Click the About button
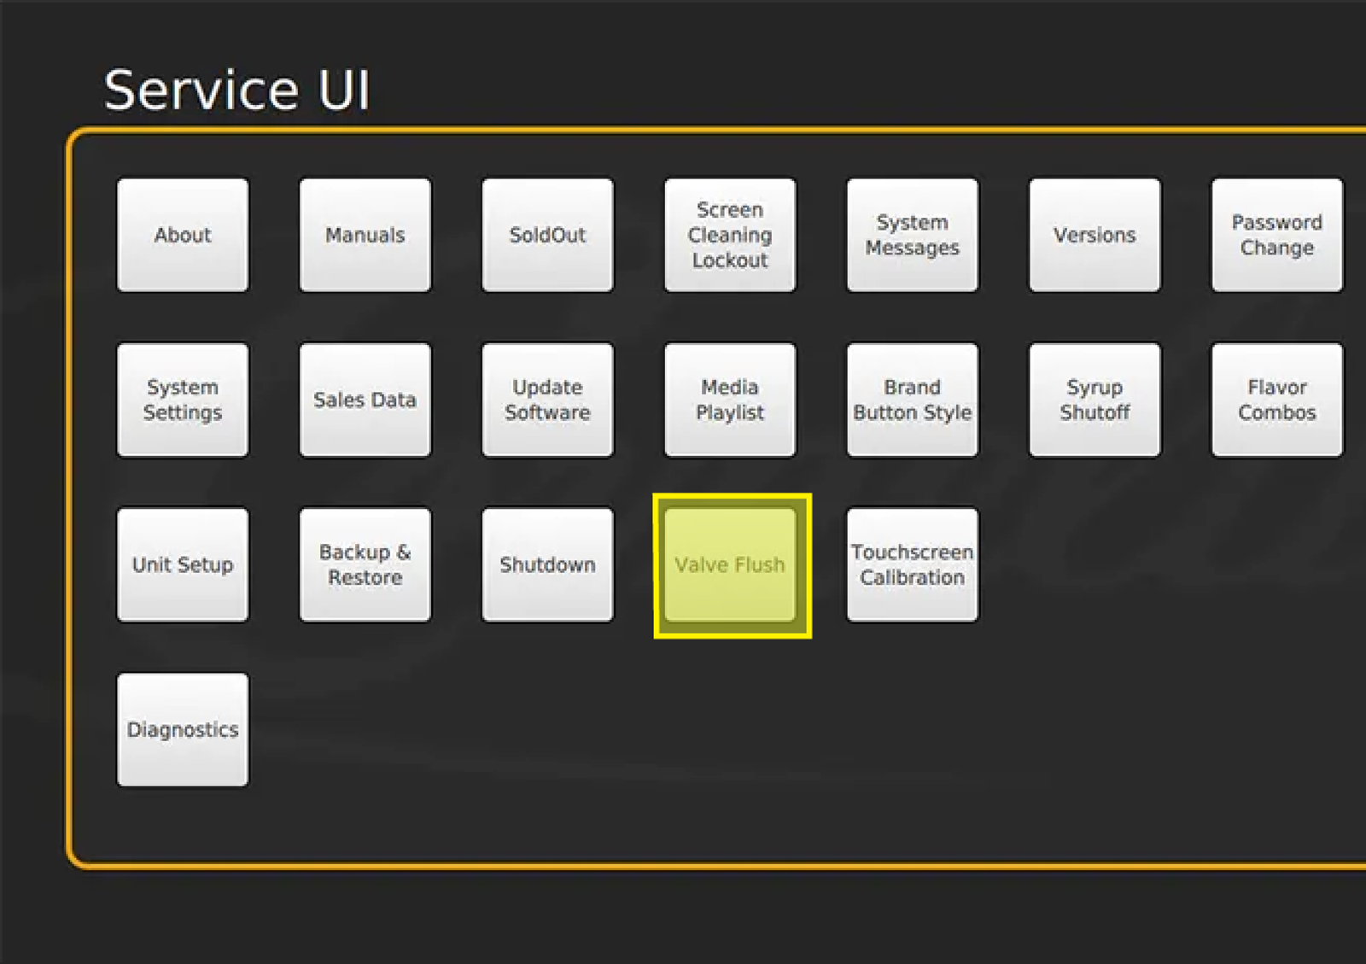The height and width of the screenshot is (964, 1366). pos(183,235)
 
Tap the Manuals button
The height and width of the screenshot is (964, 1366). pos(365,235)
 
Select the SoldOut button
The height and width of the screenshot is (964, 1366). pos(547,235)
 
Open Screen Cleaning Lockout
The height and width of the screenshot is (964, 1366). pos(730,235)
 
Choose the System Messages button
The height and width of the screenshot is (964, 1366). pos(913,235)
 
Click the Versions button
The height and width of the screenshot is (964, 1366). pos(1095,235)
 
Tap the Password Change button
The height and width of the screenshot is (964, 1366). pos(1277,235)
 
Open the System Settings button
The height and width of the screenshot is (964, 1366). pos(183,400)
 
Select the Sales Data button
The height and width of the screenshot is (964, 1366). pos(365,400)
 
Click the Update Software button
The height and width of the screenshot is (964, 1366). pos(547,400)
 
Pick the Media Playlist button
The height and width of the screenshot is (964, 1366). pos(730,400)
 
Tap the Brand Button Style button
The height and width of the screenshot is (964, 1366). pos(913,400)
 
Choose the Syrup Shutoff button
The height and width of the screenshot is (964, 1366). pos(1095,400)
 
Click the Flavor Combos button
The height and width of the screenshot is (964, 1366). pos(1277,400)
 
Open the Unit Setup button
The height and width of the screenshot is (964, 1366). pos(183,564)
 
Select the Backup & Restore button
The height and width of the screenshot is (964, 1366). pos(365,564)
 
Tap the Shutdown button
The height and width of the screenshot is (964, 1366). pos(547,564)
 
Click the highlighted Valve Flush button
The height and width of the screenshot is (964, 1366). pos(730,564)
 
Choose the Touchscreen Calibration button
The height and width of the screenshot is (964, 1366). pos(913,564)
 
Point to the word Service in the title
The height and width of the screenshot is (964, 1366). pos(201,91)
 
